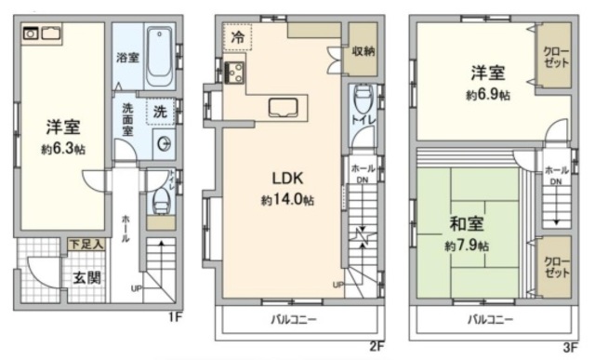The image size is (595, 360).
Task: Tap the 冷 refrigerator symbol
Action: click(238, 39)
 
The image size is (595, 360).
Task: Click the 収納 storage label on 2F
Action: click(364, 52)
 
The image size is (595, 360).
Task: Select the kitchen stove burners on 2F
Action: click(233, 71)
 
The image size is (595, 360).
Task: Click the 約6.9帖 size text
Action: click(489, 95)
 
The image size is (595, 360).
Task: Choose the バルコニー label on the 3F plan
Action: click(490, 320)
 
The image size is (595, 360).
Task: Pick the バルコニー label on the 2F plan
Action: click(294, 320)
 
